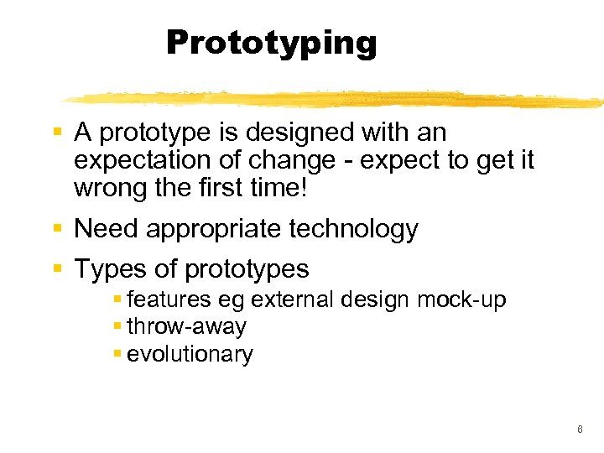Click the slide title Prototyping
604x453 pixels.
[272, 42]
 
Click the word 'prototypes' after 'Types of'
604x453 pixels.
[247, 270]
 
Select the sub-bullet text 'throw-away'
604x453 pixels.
[186, 326]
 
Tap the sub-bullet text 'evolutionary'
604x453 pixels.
[190, 354]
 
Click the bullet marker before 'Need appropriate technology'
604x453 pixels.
[57, 228]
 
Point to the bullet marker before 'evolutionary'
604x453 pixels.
[117, 354]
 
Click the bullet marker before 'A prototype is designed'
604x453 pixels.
[57, 133]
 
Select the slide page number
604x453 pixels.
[580, 430]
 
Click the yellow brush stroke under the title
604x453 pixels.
[336, 99]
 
